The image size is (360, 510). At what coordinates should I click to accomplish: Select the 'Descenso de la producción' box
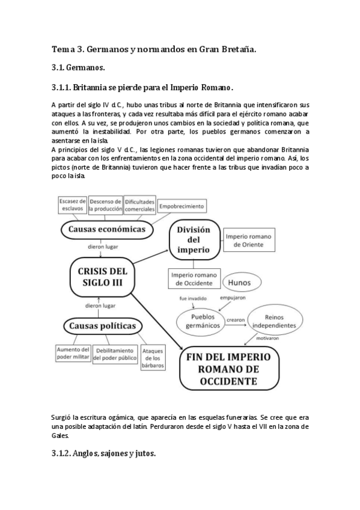[105, 204]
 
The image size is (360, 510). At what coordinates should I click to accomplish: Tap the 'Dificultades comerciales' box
[139, 204]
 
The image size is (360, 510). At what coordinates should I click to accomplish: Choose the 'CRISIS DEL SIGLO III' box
[103, 278]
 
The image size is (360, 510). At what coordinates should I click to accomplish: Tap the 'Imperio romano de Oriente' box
[248, 240]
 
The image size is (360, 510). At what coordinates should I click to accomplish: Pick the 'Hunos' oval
[243, 281]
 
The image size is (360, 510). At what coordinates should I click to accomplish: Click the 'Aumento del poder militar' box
[73, 354]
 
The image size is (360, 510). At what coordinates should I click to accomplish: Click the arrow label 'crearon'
[236, 321]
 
